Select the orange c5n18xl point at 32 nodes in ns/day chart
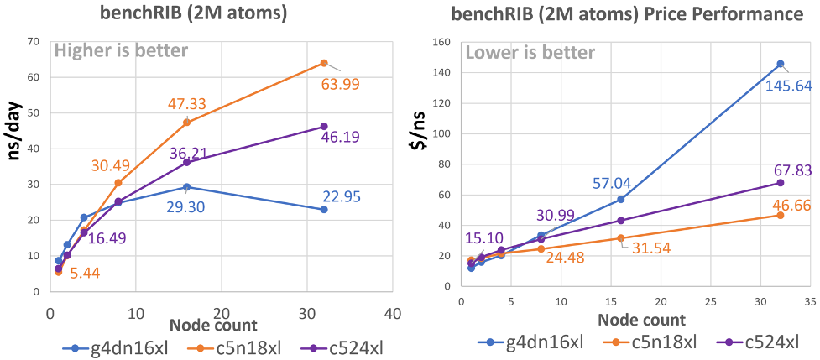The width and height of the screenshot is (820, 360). tap(324, 63)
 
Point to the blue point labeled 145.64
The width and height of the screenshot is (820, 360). tap(780, 64)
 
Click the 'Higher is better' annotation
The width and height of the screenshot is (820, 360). tap(121, 51)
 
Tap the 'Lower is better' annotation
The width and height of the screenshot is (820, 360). tap(530, 53)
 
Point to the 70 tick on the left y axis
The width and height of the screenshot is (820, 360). tap(34, 41)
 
